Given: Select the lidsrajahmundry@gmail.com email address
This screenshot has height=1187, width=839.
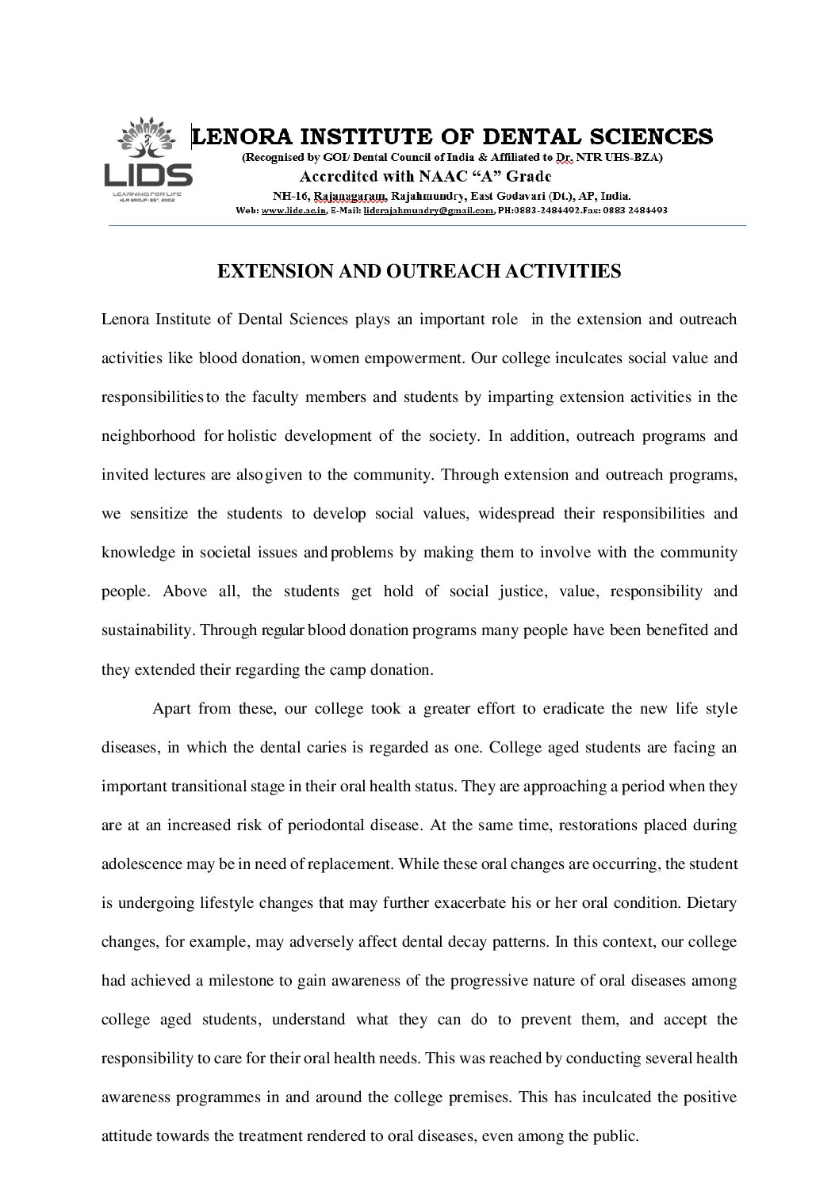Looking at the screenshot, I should (x=428, y=211).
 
